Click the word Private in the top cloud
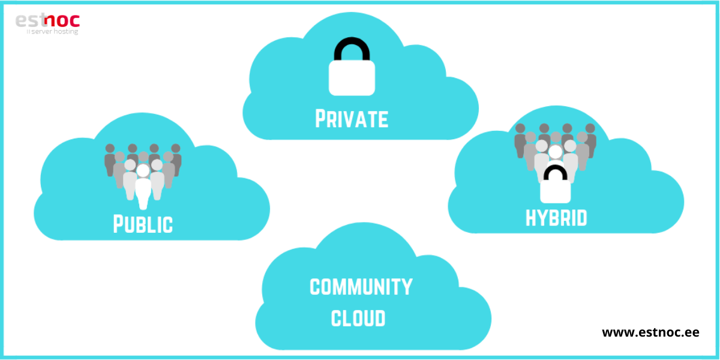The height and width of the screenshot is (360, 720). coord(352,118)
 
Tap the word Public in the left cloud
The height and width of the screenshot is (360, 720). coord(143,223)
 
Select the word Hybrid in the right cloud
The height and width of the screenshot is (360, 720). coord(556,217)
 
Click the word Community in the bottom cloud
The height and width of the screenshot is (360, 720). coord(361,287)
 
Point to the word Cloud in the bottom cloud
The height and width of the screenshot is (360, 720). coord(358,318)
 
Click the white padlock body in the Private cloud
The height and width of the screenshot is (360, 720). coord(352,77)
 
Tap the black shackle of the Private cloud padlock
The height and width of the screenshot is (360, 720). coord(352,50)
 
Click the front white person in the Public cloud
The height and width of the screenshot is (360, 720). coord(143,186)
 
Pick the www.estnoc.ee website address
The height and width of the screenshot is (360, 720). coord(650,332)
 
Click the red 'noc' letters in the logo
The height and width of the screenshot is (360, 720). coord(64,20)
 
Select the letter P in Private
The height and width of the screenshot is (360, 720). coord(322,118)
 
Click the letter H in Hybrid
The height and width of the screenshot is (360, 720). coord(531,217)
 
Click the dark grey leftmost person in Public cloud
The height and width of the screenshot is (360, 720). coord(110,159)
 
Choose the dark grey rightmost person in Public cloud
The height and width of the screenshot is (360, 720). coord(176,158)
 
